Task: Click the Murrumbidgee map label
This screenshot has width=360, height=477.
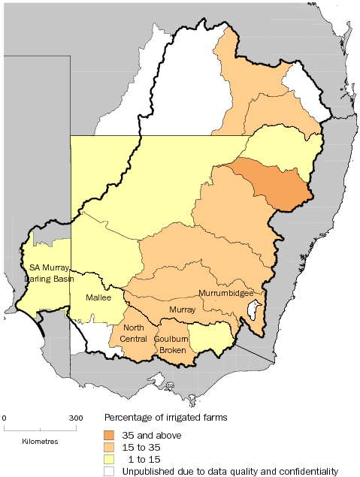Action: click(225, 293)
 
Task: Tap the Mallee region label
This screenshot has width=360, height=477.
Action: click(88, 298)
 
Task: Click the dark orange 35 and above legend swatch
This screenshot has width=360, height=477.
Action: click(109, 434)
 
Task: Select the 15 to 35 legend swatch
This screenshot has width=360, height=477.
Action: click(109, 446)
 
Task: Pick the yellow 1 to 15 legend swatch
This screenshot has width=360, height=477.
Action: click(109, 458)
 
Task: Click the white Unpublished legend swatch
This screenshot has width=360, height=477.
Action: click(109, 470)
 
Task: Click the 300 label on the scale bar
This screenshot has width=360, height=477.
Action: click(76, 418)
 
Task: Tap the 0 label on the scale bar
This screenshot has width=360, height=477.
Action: click(5, 418)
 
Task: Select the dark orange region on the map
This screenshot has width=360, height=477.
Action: click(274, 184)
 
